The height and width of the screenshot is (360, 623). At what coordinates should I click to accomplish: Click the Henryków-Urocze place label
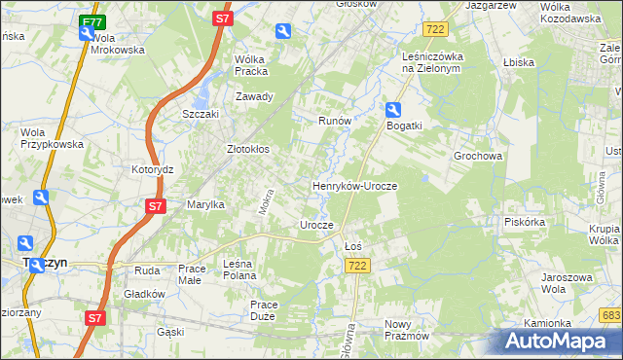coord(354,185)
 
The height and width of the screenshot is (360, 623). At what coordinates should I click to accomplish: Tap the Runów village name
coord(334,122)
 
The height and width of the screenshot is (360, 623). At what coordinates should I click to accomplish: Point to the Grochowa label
coord(477,156)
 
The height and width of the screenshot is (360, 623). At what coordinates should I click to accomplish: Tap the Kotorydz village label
coord(152,169)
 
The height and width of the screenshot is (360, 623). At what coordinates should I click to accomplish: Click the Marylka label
coord(206,205)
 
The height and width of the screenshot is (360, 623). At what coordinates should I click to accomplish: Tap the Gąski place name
coord(170,332)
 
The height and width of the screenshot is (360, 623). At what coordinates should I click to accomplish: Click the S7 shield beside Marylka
coord(155,206)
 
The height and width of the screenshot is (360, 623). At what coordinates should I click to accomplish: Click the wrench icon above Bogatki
coord(392,109)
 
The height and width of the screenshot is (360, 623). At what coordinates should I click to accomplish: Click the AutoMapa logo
coord(560,342)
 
